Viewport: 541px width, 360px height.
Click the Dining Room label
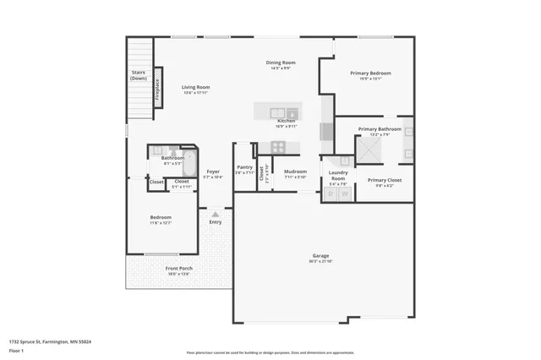pos(281,63)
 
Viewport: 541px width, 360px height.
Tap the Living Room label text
pos(195,87)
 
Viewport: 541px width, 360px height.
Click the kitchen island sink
pos(278,112)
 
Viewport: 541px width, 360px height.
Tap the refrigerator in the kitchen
pos(327,132)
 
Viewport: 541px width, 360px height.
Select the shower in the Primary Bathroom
pos(368,150)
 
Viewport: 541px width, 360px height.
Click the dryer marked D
pos(331,194)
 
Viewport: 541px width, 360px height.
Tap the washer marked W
pos(344,194)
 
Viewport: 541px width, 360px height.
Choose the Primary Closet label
pos(384,180)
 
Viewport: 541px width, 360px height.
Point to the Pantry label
pos(245,167)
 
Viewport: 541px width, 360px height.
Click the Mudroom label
pos(295,172)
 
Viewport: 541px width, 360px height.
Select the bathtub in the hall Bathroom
pos(190,161)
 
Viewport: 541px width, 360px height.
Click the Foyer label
pos(213,172)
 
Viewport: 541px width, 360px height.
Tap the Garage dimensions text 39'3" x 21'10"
pos(320,261)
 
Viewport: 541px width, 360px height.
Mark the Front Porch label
pos(178,269)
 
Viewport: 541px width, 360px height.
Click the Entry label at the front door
pos(216,221)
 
